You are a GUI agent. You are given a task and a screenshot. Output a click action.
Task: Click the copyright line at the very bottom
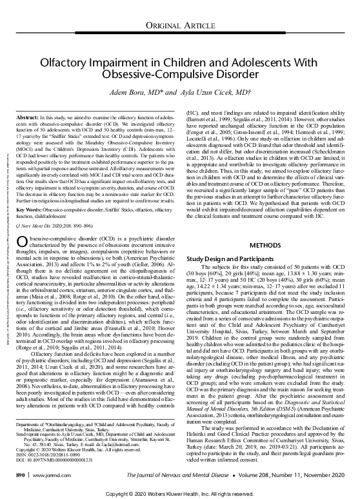coord(180,491)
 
